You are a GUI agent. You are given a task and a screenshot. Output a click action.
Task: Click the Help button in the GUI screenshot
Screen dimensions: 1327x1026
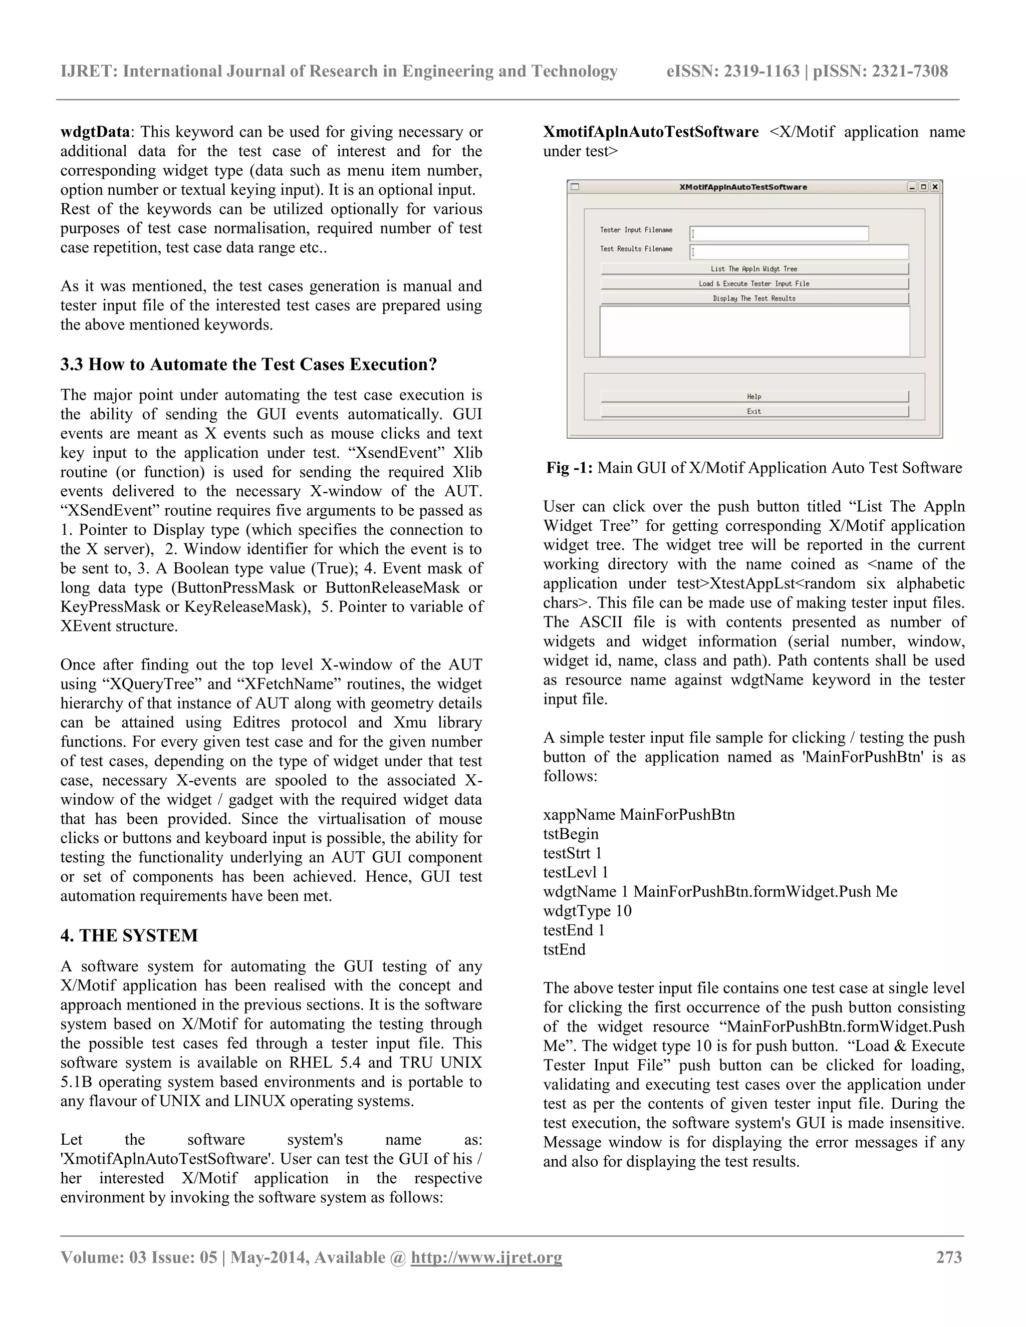[x=754, y=397]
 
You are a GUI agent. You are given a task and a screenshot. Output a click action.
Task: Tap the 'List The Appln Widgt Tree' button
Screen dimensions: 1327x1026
[x=754, y=268]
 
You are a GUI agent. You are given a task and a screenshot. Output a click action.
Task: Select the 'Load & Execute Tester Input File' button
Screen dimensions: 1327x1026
[x=754, y=284]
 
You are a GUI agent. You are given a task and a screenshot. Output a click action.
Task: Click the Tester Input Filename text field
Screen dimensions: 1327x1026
[x=779, y=233]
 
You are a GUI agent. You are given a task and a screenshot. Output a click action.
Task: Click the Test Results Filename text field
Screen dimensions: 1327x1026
[x=799, y=251]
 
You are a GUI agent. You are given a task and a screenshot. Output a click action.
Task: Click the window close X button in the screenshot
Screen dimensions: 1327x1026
[x=935, y=187]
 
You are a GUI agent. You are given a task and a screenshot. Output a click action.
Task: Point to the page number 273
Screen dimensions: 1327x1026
[x=949, y=1257]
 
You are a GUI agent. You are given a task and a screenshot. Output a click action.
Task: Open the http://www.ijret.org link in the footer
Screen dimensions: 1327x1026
[x=486, y=1257]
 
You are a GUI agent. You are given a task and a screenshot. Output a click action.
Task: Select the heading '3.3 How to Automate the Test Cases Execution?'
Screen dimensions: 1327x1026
[x=248, y=365]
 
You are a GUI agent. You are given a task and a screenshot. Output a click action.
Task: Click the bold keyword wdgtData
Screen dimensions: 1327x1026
[x=95, y=132]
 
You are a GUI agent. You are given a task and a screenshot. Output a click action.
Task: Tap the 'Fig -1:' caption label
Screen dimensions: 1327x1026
[x=569, y=468]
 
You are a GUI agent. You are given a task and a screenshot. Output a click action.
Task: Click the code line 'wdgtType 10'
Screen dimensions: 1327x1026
[x=587, y=911]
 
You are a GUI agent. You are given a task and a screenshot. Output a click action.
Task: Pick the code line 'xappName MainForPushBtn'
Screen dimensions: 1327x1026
[x=639, y=814]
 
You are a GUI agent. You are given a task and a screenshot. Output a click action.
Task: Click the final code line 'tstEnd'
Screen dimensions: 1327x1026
[x=564, y=949]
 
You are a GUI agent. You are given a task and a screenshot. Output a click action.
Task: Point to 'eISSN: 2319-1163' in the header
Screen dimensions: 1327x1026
[x=733, y=72]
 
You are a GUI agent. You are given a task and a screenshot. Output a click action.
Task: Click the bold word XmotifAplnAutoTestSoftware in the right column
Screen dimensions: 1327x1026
[x=650, y=132]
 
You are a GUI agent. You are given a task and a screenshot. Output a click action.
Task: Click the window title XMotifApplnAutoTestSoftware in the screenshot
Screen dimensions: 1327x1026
[x=743, y=187]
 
